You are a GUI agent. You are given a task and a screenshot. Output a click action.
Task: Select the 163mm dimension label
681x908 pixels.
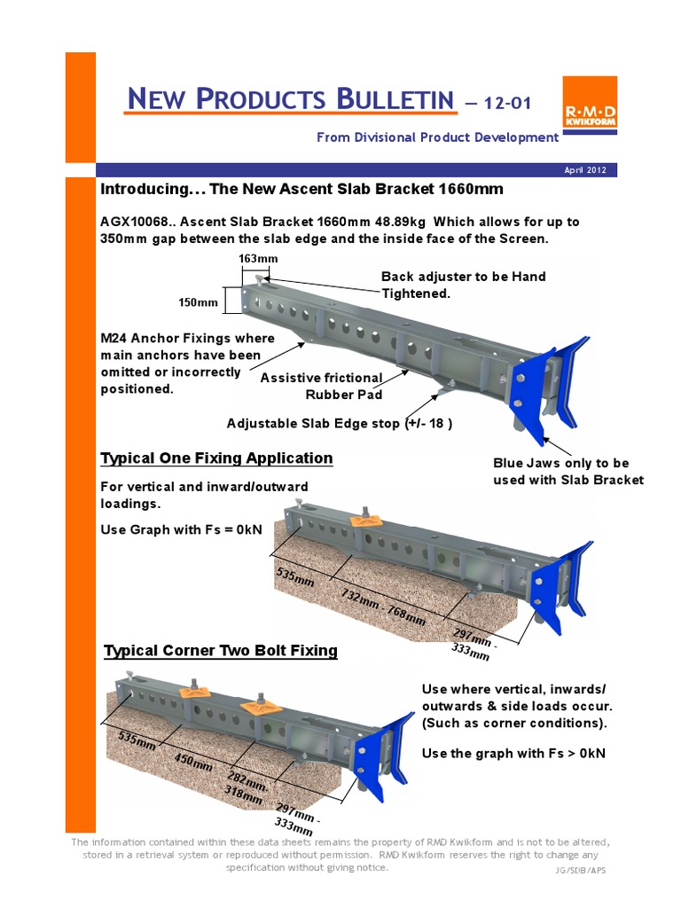258,258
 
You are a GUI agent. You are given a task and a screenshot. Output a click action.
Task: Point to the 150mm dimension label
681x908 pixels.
199,302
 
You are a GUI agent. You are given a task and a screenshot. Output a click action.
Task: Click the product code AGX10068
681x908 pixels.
136,221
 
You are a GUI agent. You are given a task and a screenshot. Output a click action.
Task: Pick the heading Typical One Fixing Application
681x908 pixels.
216,458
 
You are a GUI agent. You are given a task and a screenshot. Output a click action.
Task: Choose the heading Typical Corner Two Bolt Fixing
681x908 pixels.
221,651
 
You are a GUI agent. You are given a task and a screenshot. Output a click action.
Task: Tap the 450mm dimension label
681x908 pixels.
192,762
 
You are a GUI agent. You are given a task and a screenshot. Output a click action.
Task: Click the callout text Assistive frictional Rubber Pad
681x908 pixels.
321,386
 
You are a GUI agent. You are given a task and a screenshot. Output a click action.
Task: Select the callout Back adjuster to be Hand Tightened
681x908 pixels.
463,285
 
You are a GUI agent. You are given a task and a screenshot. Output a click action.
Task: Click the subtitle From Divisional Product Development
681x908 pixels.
437,137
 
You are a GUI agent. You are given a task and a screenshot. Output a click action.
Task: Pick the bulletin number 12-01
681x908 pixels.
506,103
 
